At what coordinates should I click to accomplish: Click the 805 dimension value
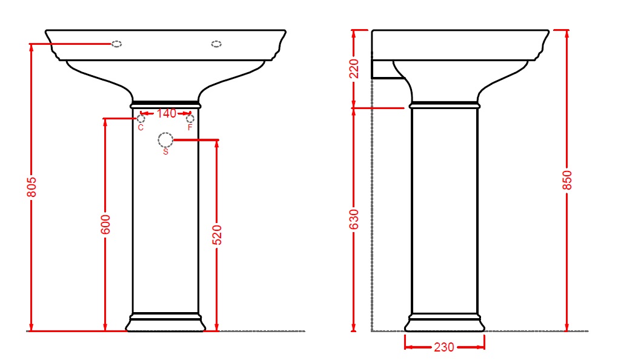(x=32, y=187)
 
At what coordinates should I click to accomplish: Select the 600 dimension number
(x=105, y=225)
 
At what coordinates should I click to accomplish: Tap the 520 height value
(x=217, y=235)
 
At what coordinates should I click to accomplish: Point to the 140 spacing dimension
(x=167, y=114)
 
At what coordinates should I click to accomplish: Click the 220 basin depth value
(x=354, y=69)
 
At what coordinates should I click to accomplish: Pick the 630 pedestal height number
(x=354, y=219)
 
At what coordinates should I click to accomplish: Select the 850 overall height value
(x=567, y=180)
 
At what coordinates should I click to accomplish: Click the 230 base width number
(x=444, y=347)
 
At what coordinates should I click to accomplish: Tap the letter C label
(x=141, y=127)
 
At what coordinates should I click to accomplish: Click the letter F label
(x=190, y=127)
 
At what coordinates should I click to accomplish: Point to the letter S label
(x=165, y=152)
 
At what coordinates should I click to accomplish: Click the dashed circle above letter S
(x=165, y=133)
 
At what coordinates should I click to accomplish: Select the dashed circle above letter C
(x=141, y=115)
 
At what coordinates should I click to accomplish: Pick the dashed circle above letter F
(x=190, y=115)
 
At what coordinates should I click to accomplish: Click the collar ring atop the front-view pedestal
(x=165, y=104)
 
